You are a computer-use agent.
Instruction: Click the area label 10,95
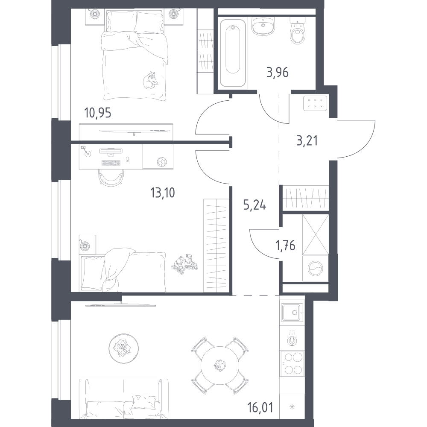coord(98,113)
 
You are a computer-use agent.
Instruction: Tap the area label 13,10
coord(162,193)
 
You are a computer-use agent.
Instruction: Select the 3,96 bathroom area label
coord(278,73)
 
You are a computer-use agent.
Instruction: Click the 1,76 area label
coord(285,246)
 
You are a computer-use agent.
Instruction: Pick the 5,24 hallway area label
coord(254,205)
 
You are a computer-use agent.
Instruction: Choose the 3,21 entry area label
coord(307,141)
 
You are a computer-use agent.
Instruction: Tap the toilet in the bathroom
coord(298,30)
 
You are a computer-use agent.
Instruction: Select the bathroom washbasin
coord(263,26)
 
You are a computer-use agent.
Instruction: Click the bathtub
coord(233,53)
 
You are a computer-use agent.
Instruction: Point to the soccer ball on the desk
coord(162,162)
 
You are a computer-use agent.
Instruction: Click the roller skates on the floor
coord(184,263)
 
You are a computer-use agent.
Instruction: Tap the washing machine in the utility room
coord(316,269)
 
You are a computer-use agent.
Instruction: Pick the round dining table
coord(220,365)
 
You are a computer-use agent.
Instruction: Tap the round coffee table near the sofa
coord(124,348)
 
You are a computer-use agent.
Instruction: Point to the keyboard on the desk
coord(111,163)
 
